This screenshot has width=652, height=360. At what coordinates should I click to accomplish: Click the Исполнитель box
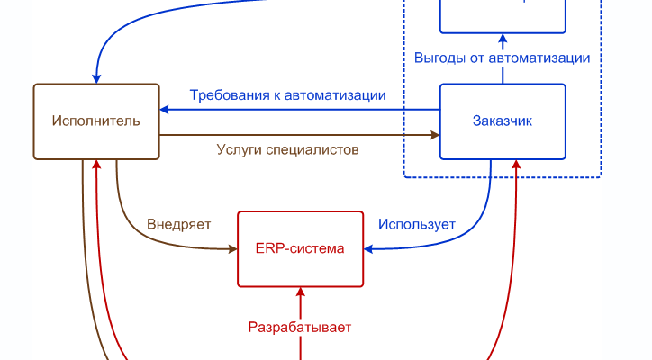tap(96, 121)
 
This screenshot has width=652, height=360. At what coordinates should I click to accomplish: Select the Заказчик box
tap(503, 121)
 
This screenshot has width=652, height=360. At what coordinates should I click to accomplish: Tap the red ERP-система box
tap(300, 248)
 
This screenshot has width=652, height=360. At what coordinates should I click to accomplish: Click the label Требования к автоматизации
tap(288, 95)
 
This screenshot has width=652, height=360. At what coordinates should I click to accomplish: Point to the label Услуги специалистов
tap(288, 149)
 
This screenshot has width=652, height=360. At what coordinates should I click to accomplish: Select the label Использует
tap(417, 224)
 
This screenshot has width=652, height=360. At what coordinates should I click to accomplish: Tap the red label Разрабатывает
tap(300, 327)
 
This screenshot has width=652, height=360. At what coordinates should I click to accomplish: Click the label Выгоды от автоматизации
tap(503, 58)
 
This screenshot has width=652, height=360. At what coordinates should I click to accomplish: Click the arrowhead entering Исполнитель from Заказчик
tap(165, 110)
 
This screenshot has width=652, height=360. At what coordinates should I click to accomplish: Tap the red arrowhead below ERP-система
tap(300, 292)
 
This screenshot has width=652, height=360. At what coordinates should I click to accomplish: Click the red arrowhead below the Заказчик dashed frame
tap(517, 165)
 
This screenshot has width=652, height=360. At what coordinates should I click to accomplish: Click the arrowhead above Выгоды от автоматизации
tap(503, 39)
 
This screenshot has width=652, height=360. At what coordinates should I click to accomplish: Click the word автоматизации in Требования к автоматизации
tap(336, 95)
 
